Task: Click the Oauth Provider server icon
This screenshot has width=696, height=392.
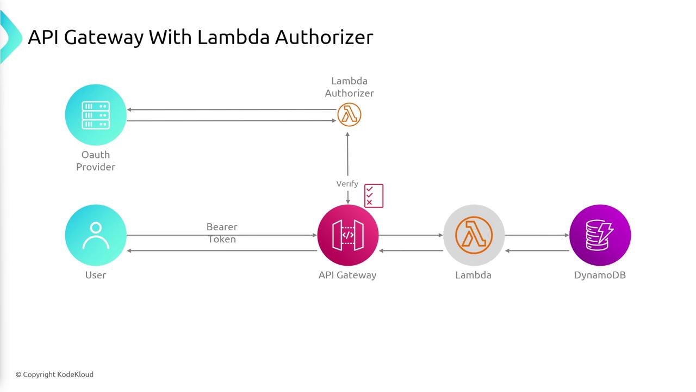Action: click(96, 115)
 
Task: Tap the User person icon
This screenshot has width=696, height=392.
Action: click(96, 235)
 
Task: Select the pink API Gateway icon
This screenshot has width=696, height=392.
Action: click(347, 235)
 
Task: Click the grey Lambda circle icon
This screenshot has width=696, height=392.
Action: click(474, 235)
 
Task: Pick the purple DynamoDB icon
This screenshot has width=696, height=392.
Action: click(600, 235)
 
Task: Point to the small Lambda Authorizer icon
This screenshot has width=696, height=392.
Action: click(349, 115)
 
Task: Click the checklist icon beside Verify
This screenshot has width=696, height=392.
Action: click(374, 195)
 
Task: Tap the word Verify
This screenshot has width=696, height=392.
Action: click(347, 184)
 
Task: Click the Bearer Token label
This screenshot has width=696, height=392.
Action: click(222, 233)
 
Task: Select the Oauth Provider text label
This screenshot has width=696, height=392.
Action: click(96, 161)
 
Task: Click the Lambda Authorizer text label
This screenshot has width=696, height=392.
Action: click(349, 87)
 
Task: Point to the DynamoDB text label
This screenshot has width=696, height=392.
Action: click(600, 275)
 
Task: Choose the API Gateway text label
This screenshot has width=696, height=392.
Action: click(347, 275)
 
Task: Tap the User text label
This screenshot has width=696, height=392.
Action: click(96, 275)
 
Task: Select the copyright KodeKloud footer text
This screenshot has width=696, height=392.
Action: click(54, 375)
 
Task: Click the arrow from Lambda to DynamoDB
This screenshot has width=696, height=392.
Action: click(537, 235)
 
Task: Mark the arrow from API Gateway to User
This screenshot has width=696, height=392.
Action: click(222, 251)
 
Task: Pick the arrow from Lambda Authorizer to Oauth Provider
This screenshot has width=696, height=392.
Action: click(232, 109)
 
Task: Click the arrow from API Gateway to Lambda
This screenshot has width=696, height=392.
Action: click(411, 235)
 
